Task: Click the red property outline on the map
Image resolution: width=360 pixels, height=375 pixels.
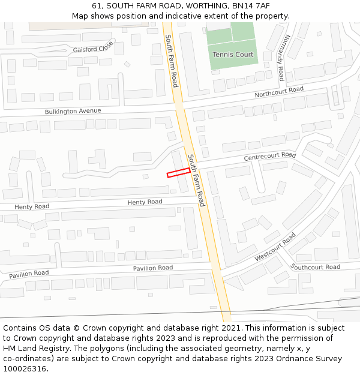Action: coord(178,173)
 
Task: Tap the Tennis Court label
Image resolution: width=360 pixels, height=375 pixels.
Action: coord(233,55)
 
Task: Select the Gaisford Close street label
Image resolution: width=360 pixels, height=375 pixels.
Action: coord(93,46)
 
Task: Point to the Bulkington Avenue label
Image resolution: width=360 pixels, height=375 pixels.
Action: coord(73,111)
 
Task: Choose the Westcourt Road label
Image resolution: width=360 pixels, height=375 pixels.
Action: coord(275,247)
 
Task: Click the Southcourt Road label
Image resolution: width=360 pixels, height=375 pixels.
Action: coord(315,267)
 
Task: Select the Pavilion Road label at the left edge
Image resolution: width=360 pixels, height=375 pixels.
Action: coord(29,274)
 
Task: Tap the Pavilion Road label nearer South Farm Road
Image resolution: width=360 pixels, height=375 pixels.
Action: coord(153,268)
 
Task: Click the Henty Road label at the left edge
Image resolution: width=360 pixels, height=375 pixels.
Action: coord(32,206)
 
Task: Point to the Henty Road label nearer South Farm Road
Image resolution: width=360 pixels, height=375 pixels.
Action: coord(145,202)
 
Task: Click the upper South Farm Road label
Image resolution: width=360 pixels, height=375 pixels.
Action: coord(172,61)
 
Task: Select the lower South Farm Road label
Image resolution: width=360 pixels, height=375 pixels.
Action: coord(196,181)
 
